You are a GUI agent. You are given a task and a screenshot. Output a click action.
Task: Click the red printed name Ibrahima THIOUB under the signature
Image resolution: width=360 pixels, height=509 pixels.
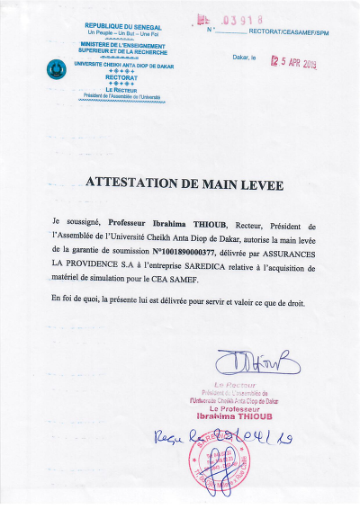[258, 417]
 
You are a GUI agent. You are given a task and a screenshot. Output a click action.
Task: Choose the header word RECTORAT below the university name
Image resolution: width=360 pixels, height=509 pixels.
[121, 77]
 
